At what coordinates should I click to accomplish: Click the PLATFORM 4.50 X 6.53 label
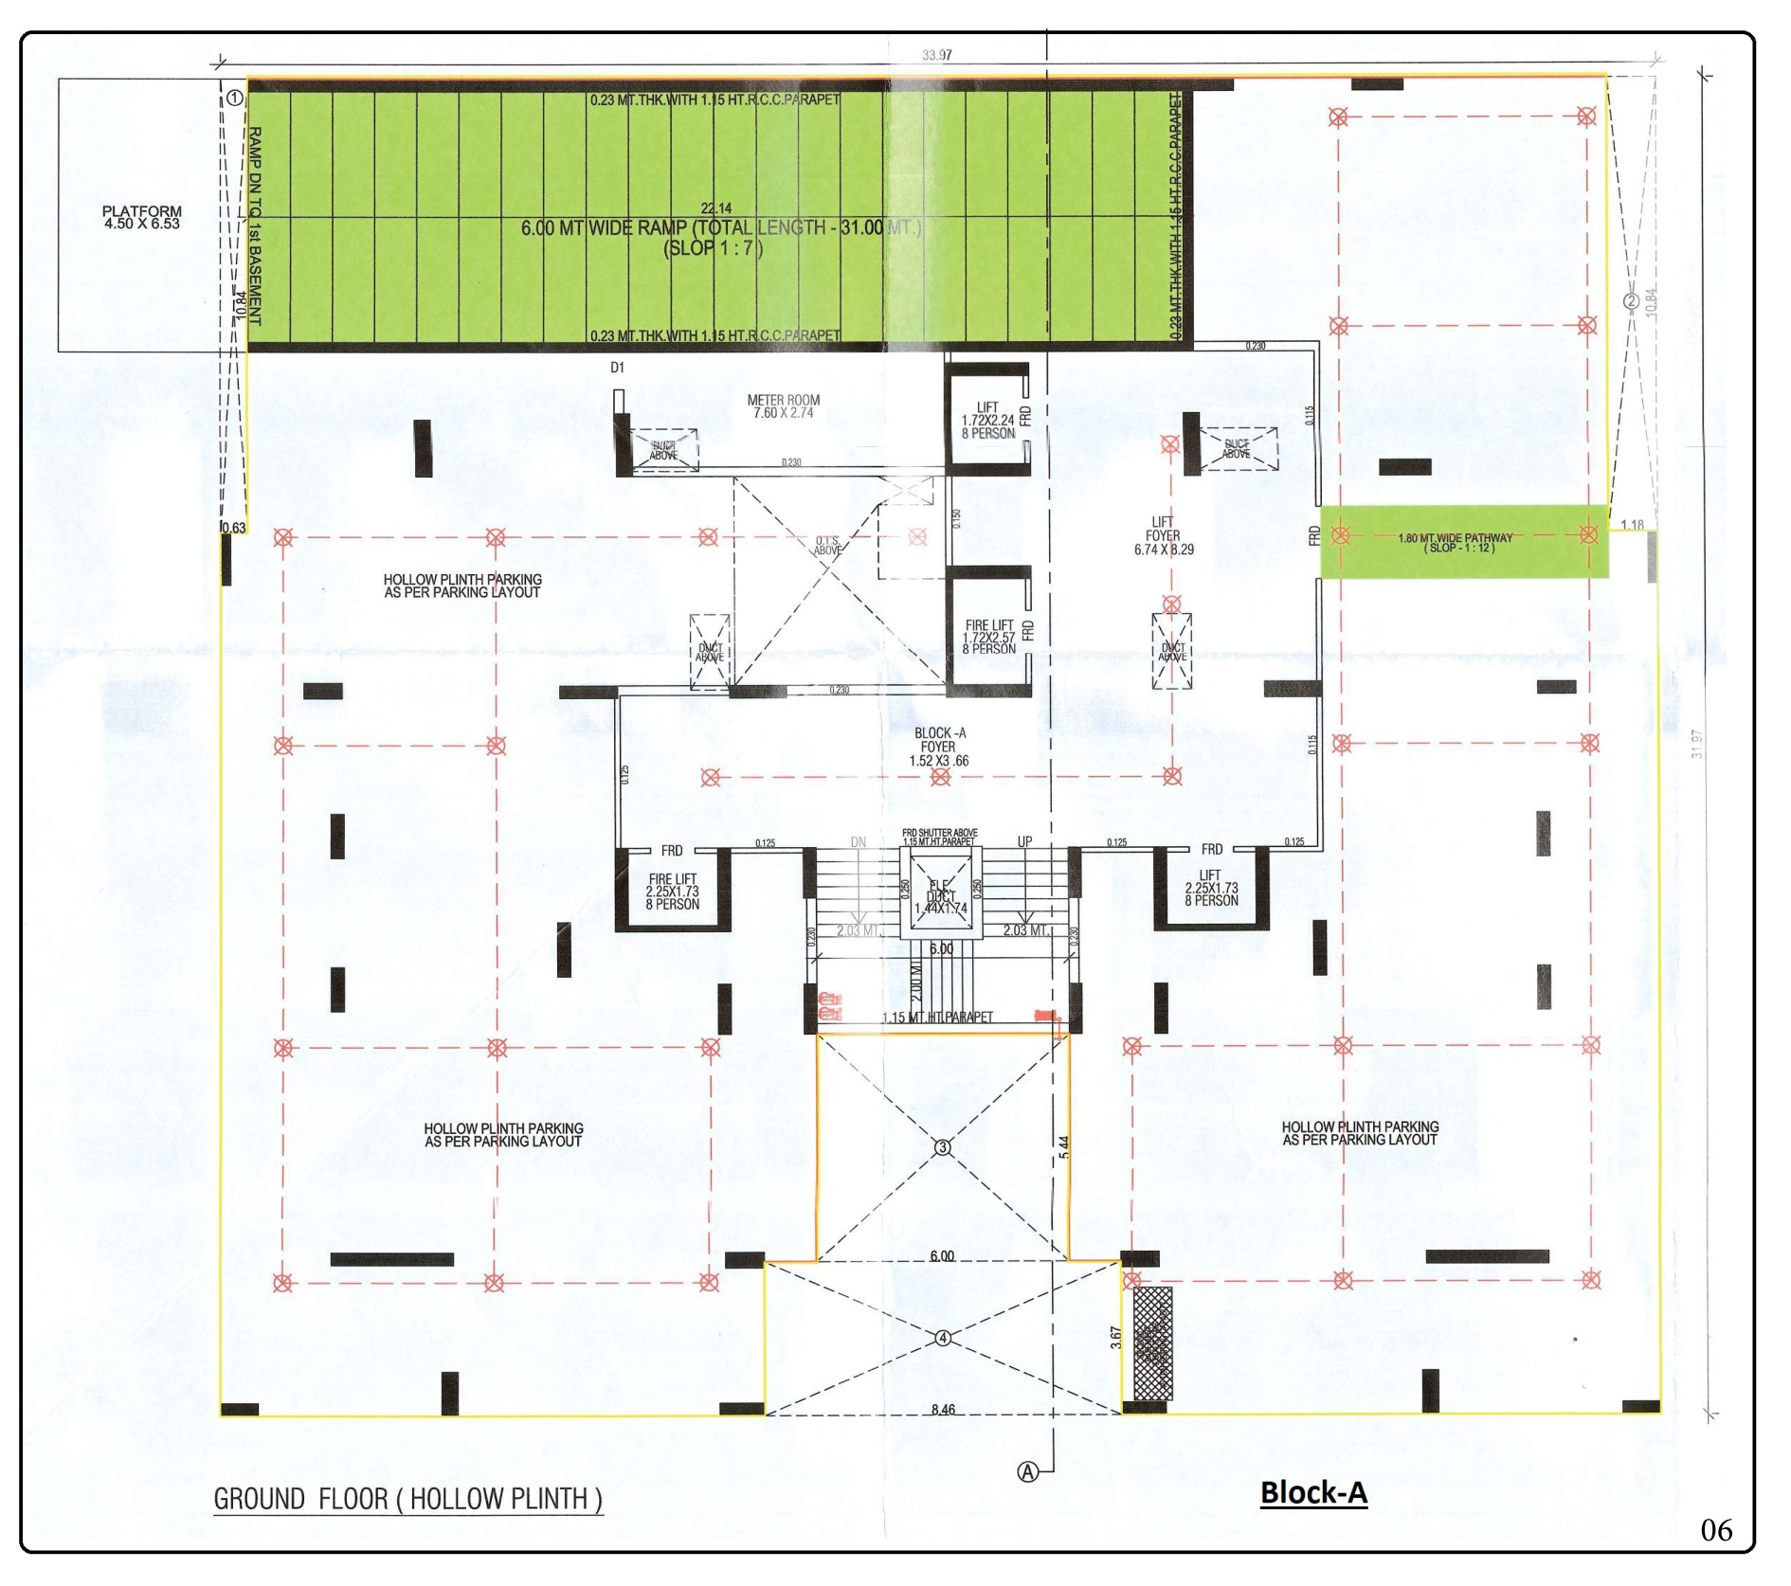click(142, 218)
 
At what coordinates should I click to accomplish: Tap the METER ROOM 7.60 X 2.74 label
click(783, 406)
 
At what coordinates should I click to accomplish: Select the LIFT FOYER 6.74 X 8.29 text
click(1163, 535)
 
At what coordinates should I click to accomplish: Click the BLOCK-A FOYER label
click(939, 747)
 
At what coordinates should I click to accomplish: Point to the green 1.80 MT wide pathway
click(1464, 542)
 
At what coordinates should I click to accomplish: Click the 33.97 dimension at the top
click(936, 55)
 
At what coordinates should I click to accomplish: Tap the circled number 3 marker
click(943, 1147)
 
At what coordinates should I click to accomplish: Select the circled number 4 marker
click(943, 1338)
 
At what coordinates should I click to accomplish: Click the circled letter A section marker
click(1027, 1471)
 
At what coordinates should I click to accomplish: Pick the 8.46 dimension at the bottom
click(943, 1410)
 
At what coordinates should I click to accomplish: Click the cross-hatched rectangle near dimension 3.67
click(1152, 1343)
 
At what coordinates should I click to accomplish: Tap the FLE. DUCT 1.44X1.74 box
click(940, 895)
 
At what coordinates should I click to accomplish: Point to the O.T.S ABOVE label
click(827, 546)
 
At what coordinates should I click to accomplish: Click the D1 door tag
click(617, 368)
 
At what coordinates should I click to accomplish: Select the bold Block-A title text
click(1313, 1493)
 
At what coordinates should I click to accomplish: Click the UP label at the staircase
click(1024, 841)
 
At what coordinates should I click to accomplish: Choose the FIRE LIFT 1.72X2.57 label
click(988, 638)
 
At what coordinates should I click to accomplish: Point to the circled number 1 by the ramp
click(234, 98)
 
